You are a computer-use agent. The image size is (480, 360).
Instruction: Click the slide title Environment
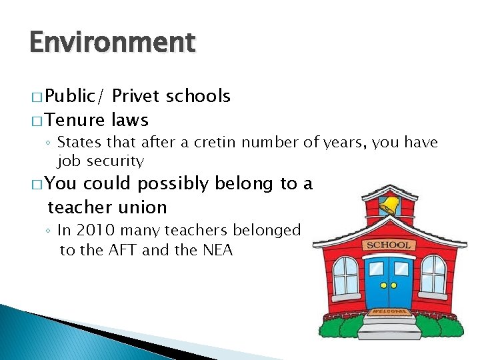point(113,43)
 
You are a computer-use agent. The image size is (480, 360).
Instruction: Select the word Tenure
point(76,120)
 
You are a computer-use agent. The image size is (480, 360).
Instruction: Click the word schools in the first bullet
point(199,97)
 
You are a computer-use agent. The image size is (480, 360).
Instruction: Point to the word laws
point(130,120)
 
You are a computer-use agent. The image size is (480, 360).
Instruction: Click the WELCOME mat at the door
point(387,311)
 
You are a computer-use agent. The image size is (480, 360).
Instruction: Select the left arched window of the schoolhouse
point(345,275)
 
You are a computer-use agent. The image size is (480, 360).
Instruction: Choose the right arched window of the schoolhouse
point(433,273)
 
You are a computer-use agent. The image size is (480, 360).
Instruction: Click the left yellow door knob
point(383,285)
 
